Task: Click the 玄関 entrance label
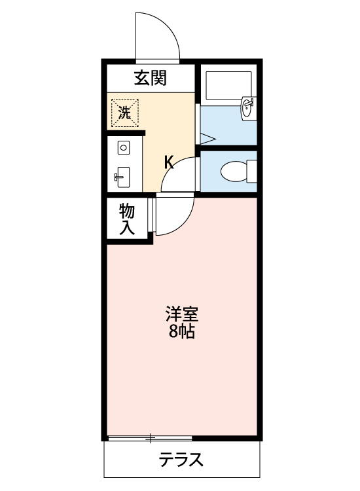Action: pyautogui.click(x=151, y=78)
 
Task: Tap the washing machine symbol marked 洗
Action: pyautogui.click(x=124, y=111)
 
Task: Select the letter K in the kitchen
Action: pyautogui.click(x=168, y=162)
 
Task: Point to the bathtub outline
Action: pyautogui.click(x=228, y=84)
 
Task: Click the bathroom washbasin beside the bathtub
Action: pyautogui.click(x=249, y=109)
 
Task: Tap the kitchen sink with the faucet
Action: pyautogui.click(x=123, y=176)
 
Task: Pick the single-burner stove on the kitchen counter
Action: pyautogui.click(x=123, y=148)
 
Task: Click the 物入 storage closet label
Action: pyautogui.click(x=127, y=219)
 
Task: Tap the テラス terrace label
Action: pyautogui.click(x=181, y=460)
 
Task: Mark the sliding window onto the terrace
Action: pyautogui.click(x=150, y=437)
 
